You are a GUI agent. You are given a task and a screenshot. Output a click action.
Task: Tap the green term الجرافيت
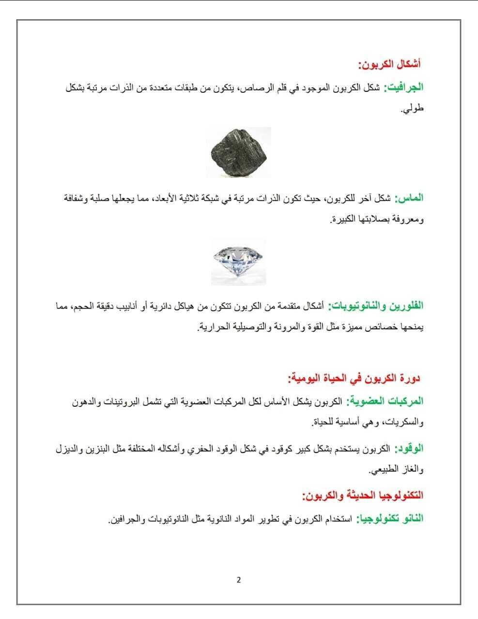[403, 87]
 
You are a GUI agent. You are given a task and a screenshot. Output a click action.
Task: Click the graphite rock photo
[238, 153]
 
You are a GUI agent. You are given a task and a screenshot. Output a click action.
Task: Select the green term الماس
[409, 198]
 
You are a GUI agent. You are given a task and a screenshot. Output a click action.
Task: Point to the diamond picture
[238, 262]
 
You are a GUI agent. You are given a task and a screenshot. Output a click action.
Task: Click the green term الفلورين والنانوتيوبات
[376, 306]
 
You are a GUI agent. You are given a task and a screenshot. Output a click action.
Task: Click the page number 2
[239, 580]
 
